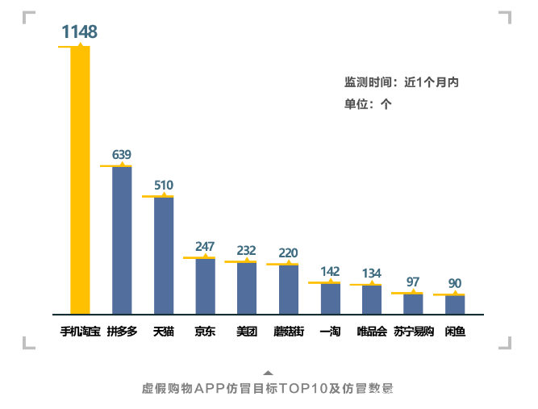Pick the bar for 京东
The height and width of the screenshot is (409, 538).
tap(205, 286)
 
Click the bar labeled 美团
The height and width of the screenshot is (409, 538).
tap(247, 288)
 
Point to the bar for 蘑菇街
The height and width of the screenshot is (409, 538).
tap(289, 290)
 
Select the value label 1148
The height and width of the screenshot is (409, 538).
tap(79, 32)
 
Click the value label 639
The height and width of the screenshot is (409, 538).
tap(122, 154)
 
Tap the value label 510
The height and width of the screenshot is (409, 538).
tap(164, 185)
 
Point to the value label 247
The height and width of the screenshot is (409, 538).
tap(205, 247)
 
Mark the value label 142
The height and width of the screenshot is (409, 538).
tap(330, 271)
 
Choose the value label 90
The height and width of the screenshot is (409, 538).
tap(455, 283)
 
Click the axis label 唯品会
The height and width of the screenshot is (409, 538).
tap(372, 332)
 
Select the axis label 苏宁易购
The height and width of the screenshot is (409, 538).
tap(414, 332)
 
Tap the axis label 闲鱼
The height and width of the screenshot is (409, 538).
tap(455, 332)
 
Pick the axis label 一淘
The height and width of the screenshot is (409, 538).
tap(330, 332)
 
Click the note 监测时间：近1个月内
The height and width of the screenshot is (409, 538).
tap(402, 82)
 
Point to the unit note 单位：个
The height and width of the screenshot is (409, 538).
tap(368, 103)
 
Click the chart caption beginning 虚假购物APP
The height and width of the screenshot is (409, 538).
tap(268, 388)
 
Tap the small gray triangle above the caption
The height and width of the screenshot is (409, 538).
tap(268, 373)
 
